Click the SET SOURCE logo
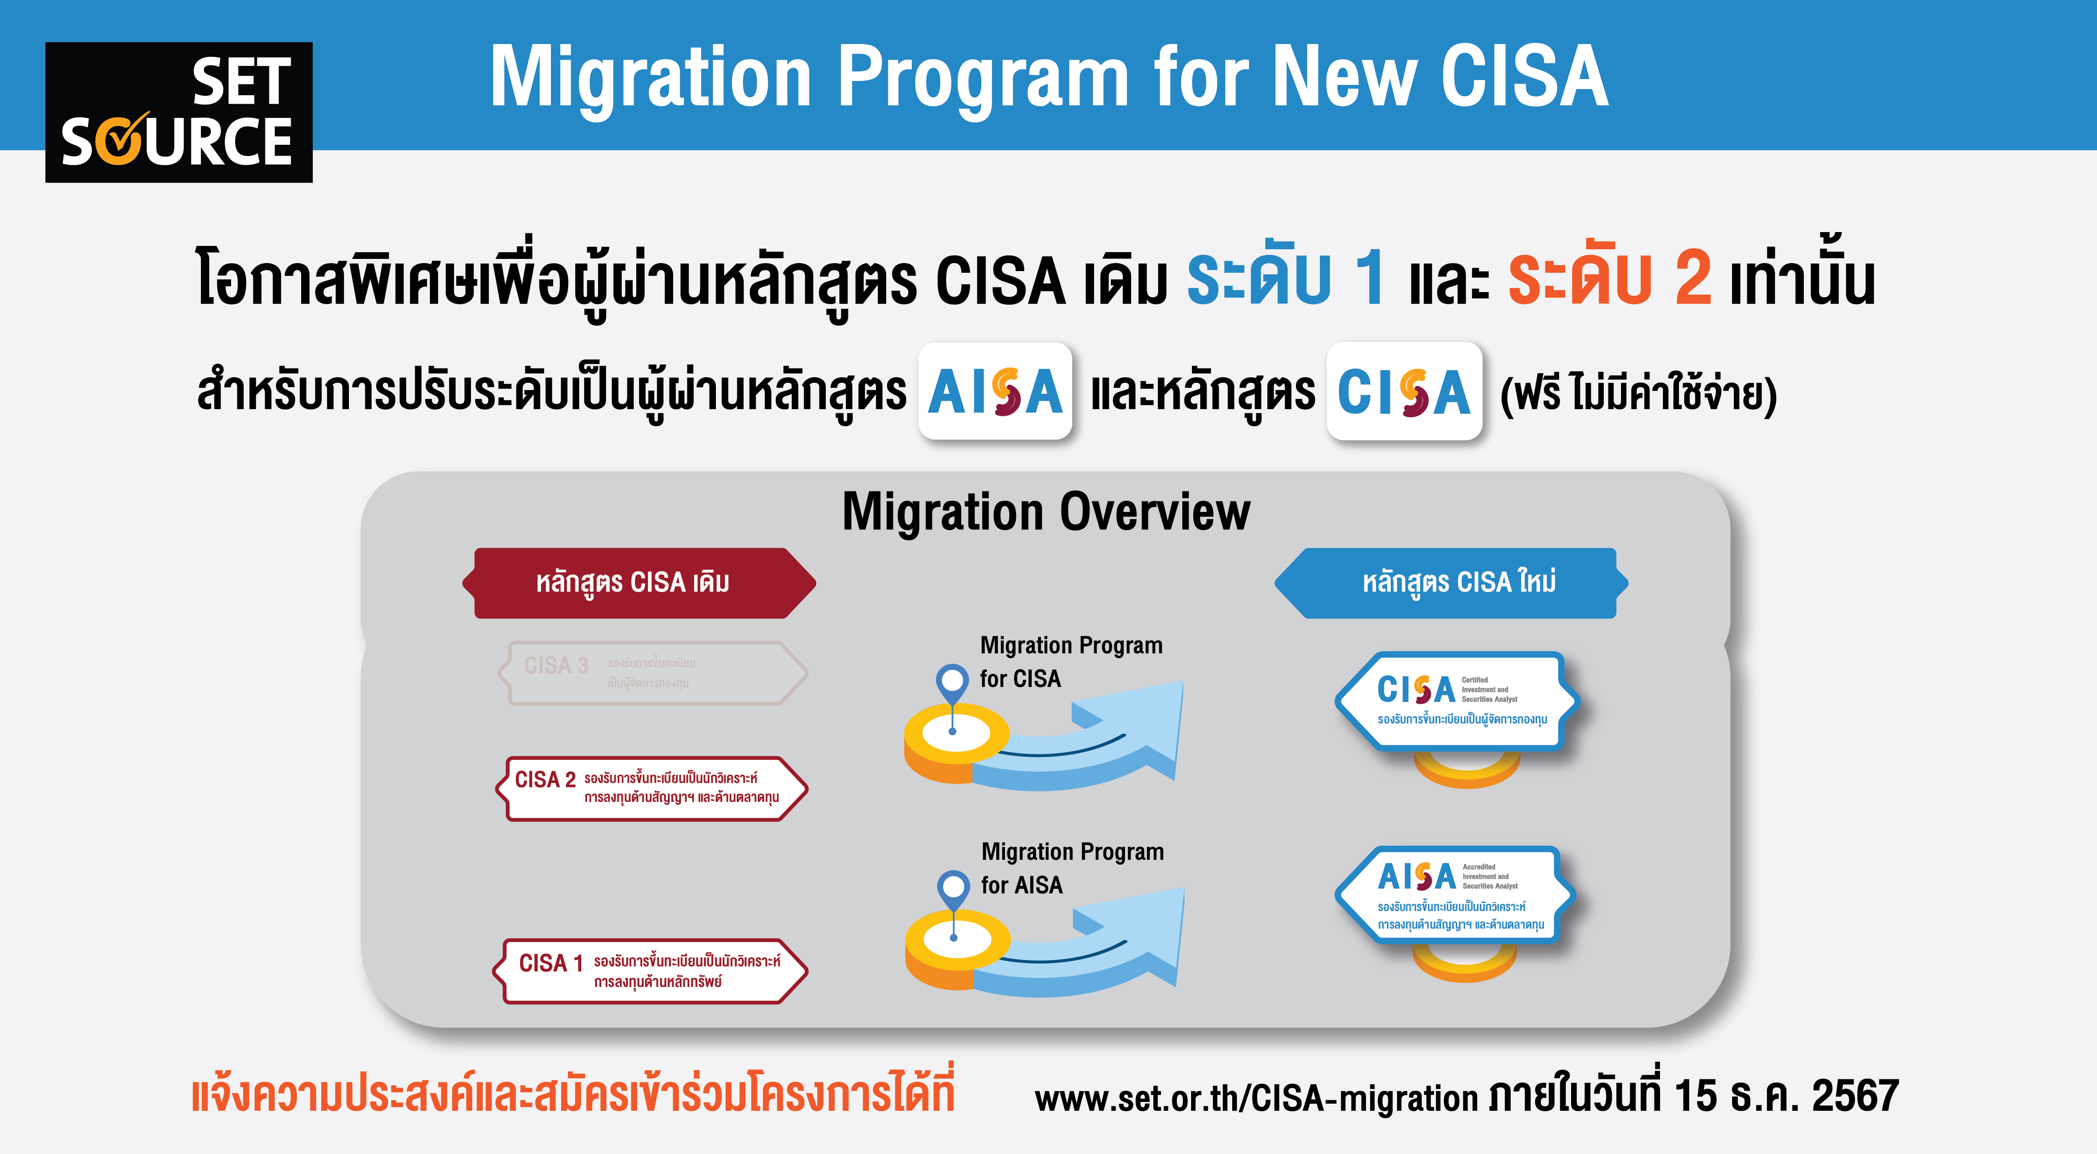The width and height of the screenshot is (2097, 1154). (178, 112)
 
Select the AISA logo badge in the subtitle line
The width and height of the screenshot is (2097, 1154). (995, 392)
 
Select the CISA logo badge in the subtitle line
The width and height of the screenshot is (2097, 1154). (1404, 392)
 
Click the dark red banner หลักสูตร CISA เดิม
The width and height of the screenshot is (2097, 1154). (639, 583)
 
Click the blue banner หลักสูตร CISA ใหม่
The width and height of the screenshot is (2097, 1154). (1453, 583)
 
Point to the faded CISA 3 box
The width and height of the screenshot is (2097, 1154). (651, 673)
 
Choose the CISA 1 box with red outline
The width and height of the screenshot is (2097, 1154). (651, 971)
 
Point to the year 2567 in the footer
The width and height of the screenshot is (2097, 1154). (1855, 1095)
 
